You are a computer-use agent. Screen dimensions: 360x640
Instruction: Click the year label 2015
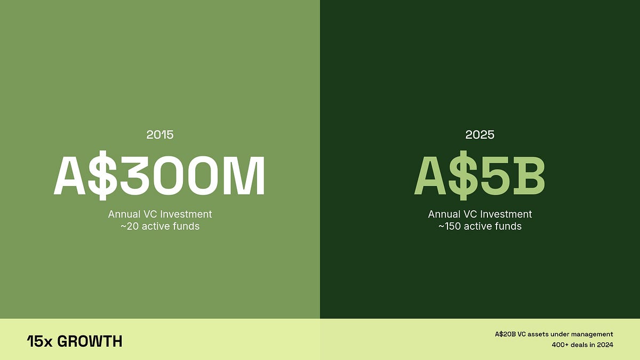tap(160, 134)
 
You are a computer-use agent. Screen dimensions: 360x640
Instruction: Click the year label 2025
tap(480, 134)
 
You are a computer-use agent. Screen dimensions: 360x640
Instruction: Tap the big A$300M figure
tap(159, 176)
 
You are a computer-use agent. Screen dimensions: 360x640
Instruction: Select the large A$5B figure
tap(479, 176)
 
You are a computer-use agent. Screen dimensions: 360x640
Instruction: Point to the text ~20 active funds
tap(160, 227)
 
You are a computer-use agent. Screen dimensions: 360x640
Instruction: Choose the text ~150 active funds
tap(480, 227)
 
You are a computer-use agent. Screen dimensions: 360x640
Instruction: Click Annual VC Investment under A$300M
tap(160, 214)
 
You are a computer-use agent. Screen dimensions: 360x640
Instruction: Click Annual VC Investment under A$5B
tap(480, 214)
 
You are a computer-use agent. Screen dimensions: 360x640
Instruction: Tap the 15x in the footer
tap(39, 341)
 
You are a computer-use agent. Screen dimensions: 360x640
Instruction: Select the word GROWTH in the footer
tap(90, 341)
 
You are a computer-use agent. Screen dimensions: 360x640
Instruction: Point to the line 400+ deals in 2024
tap(582, 345)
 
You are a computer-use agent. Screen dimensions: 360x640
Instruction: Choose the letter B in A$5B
tap(526, 176)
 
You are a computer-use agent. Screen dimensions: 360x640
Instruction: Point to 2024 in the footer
tap(604, 345)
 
